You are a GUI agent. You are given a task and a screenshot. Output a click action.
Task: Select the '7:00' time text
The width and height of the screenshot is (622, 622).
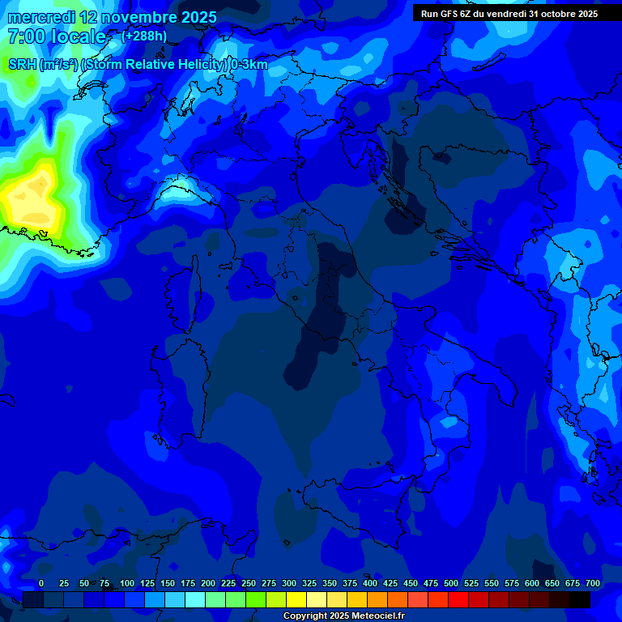pos(23,36)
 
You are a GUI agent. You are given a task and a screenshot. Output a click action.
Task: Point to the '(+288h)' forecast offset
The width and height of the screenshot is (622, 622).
pos(144,36)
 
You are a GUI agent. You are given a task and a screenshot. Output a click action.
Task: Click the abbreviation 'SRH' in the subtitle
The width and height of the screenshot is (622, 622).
pos(23,65)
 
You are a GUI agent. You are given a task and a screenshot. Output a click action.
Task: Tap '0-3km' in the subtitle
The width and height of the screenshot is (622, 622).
pos(249,65)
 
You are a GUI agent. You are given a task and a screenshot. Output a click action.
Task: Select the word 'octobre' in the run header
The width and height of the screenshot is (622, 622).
pos(550,14)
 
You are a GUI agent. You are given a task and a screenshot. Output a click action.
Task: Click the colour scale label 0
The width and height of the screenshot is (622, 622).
pos(41,583)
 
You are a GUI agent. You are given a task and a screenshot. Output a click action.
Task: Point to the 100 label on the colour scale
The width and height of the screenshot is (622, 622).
pos(127,583)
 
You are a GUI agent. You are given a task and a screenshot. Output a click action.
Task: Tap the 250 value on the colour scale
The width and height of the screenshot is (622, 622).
pos(249,583)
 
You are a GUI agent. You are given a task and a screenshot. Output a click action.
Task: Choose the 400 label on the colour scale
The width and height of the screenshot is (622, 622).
pos(370,583)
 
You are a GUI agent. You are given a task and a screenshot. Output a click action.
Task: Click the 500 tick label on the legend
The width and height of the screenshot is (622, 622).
pos(451,583)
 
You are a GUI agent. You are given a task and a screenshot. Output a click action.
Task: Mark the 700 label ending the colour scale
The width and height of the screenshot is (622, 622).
pos(593,583)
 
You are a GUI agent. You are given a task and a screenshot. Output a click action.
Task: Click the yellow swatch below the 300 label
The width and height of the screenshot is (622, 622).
pos(296,599)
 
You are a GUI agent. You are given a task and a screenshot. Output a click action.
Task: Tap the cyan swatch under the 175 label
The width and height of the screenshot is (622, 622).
pos(195,599)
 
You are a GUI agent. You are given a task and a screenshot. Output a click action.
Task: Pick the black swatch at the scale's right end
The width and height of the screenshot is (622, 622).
pos(580,599)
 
